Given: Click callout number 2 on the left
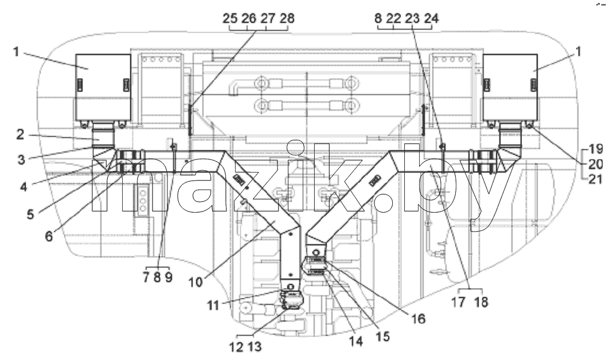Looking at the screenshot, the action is point(21,135).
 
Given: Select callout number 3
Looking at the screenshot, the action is point(21,159).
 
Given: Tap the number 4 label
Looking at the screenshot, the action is point(24,186).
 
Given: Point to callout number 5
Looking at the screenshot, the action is point(30,214).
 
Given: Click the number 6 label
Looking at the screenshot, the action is point(49,236).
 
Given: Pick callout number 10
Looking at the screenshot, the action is point(196,282).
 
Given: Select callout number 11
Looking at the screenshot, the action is point(213,305).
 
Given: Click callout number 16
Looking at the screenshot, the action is point(417,318).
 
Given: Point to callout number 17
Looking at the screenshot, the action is point(459,302).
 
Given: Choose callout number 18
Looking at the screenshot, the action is point(481,302).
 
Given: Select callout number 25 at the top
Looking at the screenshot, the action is point(231,18).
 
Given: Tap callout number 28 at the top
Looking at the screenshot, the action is point(286,18).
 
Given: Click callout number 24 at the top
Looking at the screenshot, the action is point(431,18).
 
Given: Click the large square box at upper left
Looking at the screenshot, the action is point(103,87).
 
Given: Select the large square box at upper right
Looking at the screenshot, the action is point(510,87).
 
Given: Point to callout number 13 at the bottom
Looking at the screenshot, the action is point(255,346).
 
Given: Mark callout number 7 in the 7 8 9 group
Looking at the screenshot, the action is point(146,277).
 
